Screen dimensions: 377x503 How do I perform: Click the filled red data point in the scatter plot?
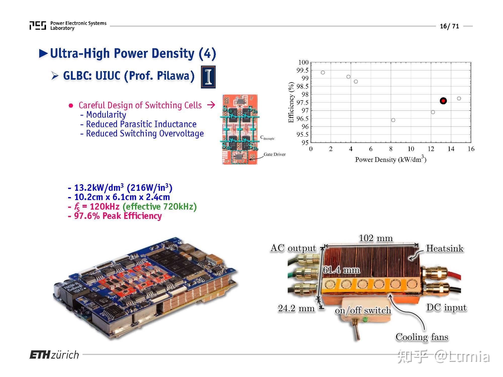[443, 101]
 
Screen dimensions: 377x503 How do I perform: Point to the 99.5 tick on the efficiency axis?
[302, 70]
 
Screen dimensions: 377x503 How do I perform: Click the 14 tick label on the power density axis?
[451, 149]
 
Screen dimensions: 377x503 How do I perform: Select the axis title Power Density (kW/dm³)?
[391, 159]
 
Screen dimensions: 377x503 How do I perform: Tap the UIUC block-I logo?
[208, 77]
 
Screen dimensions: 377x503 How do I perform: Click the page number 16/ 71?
[449, 26]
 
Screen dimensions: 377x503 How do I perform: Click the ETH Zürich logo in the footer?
[54, 355]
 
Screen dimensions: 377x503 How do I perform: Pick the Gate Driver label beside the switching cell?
[274, 154]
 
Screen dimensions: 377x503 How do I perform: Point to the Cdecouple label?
[267, 138]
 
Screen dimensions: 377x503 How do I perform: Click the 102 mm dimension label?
[375, 238]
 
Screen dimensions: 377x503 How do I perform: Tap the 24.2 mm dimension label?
[296, 308]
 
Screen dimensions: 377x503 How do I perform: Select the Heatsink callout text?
[444, 248]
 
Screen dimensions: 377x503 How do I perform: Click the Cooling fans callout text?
[422, 337]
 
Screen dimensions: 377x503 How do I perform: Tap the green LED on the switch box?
[365, 320]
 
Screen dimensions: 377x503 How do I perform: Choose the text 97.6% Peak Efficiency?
[118, 216]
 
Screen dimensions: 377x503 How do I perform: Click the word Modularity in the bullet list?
[106, 115]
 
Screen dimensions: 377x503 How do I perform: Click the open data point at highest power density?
[459, 99]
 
